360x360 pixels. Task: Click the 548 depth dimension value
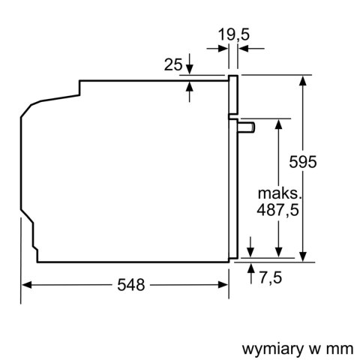coord(130,285)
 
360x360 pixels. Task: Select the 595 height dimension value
coord(304,161)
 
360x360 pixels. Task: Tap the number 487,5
coord(277,211)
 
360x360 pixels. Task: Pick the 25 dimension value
coord(173,65)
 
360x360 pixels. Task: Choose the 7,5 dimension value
coord(271,278)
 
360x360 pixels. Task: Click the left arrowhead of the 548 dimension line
coord(27,285)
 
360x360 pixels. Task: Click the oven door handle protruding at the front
coord(247,128)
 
